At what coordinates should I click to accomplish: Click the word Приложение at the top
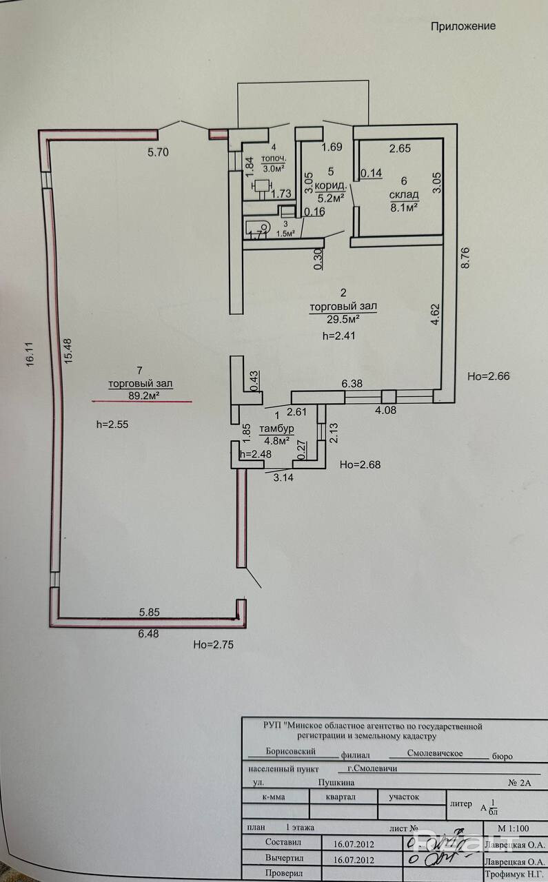(x=463, y=26)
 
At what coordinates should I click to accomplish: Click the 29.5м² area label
(x=343, y=318)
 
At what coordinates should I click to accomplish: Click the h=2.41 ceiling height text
(x=341, y=336)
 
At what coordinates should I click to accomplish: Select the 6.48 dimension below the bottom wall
(x=149, y=634)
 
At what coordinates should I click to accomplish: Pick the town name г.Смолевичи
(x=373, y=768)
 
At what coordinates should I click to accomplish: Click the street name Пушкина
(x=336, y=783)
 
